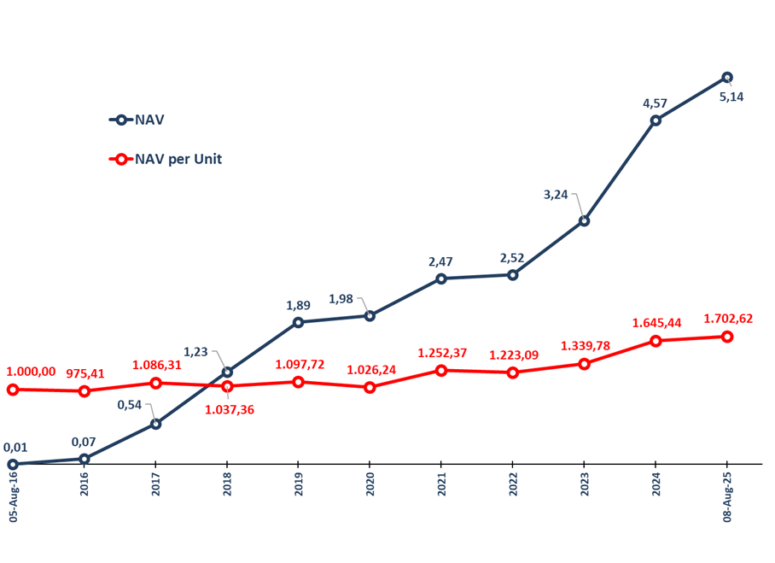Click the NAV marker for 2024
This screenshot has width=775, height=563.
point(656,120)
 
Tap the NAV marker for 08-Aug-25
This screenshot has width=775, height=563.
point(727,77)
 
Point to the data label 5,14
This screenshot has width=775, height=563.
point(731,97)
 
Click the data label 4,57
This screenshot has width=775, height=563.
point(655,103)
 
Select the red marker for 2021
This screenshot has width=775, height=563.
point(441,370)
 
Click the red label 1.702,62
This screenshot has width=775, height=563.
point(728,319)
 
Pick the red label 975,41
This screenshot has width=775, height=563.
point(84,372)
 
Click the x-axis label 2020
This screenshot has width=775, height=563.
point(370,484)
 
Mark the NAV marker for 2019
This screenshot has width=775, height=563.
point(298,322)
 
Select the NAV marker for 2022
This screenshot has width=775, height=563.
point(512,275)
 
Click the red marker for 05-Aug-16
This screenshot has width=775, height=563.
point(13,390)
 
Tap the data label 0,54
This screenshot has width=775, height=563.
point(129,405)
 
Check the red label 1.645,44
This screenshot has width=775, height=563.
point(657,323)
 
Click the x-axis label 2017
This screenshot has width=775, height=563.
point(155,484)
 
